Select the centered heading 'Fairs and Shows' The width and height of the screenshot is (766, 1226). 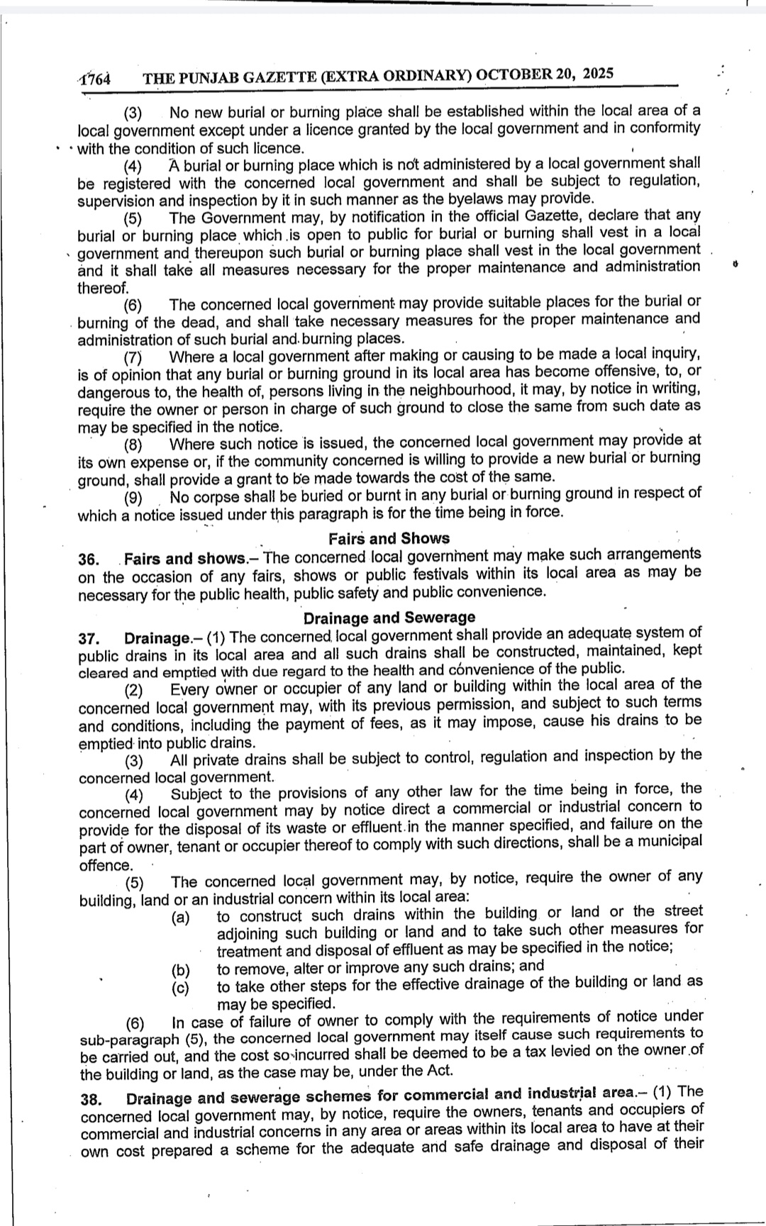tap(389, 538)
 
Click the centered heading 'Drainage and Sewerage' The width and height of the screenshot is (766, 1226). tap(389, 618)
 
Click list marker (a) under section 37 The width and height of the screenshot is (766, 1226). tap(181, 918)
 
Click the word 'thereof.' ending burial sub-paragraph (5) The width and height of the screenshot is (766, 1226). tap(104, 287)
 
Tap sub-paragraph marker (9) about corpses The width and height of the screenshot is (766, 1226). tap(134, 498)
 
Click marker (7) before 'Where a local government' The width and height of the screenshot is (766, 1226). tap(133, 357)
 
